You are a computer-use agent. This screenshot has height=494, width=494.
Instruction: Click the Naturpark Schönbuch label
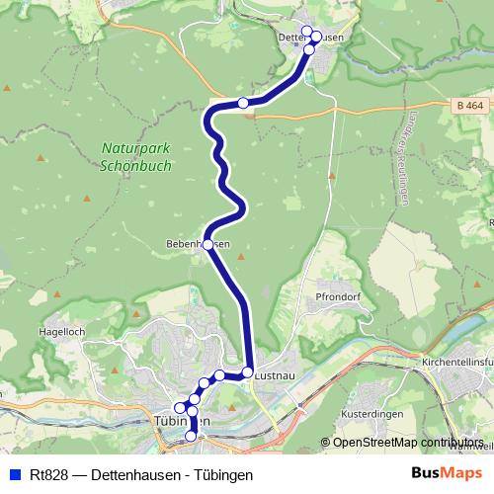[x=135, y=158]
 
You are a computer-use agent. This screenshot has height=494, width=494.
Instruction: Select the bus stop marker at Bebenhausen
[x=207, y=244]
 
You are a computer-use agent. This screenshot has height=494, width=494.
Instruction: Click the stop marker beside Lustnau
[x=247, y=372]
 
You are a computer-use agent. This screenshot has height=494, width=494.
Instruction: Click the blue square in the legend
[x=14, y=475]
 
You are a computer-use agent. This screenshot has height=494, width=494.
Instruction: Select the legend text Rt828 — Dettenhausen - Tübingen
[x=141, y=475]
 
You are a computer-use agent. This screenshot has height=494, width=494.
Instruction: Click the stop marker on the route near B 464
[x=243, y=103]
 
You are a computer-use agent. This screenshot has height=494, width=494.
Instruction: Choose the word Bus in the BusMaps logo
[x=427, y=474]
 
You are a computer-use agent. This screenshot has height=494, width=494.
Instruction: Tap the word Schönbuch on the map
[x=135, y=166]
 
